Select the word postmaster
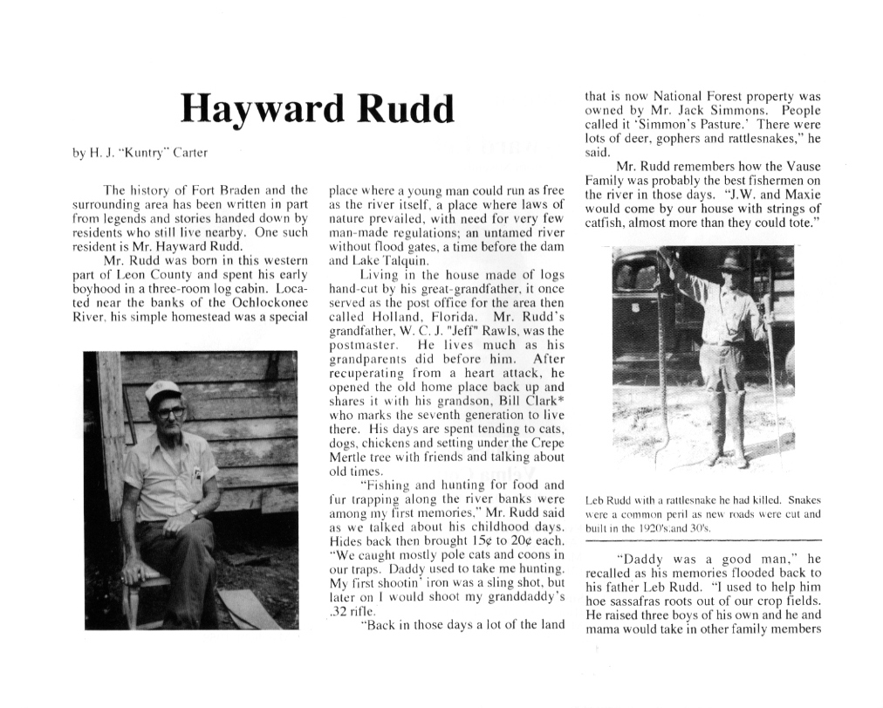360,345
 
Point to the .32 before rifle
339,611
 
